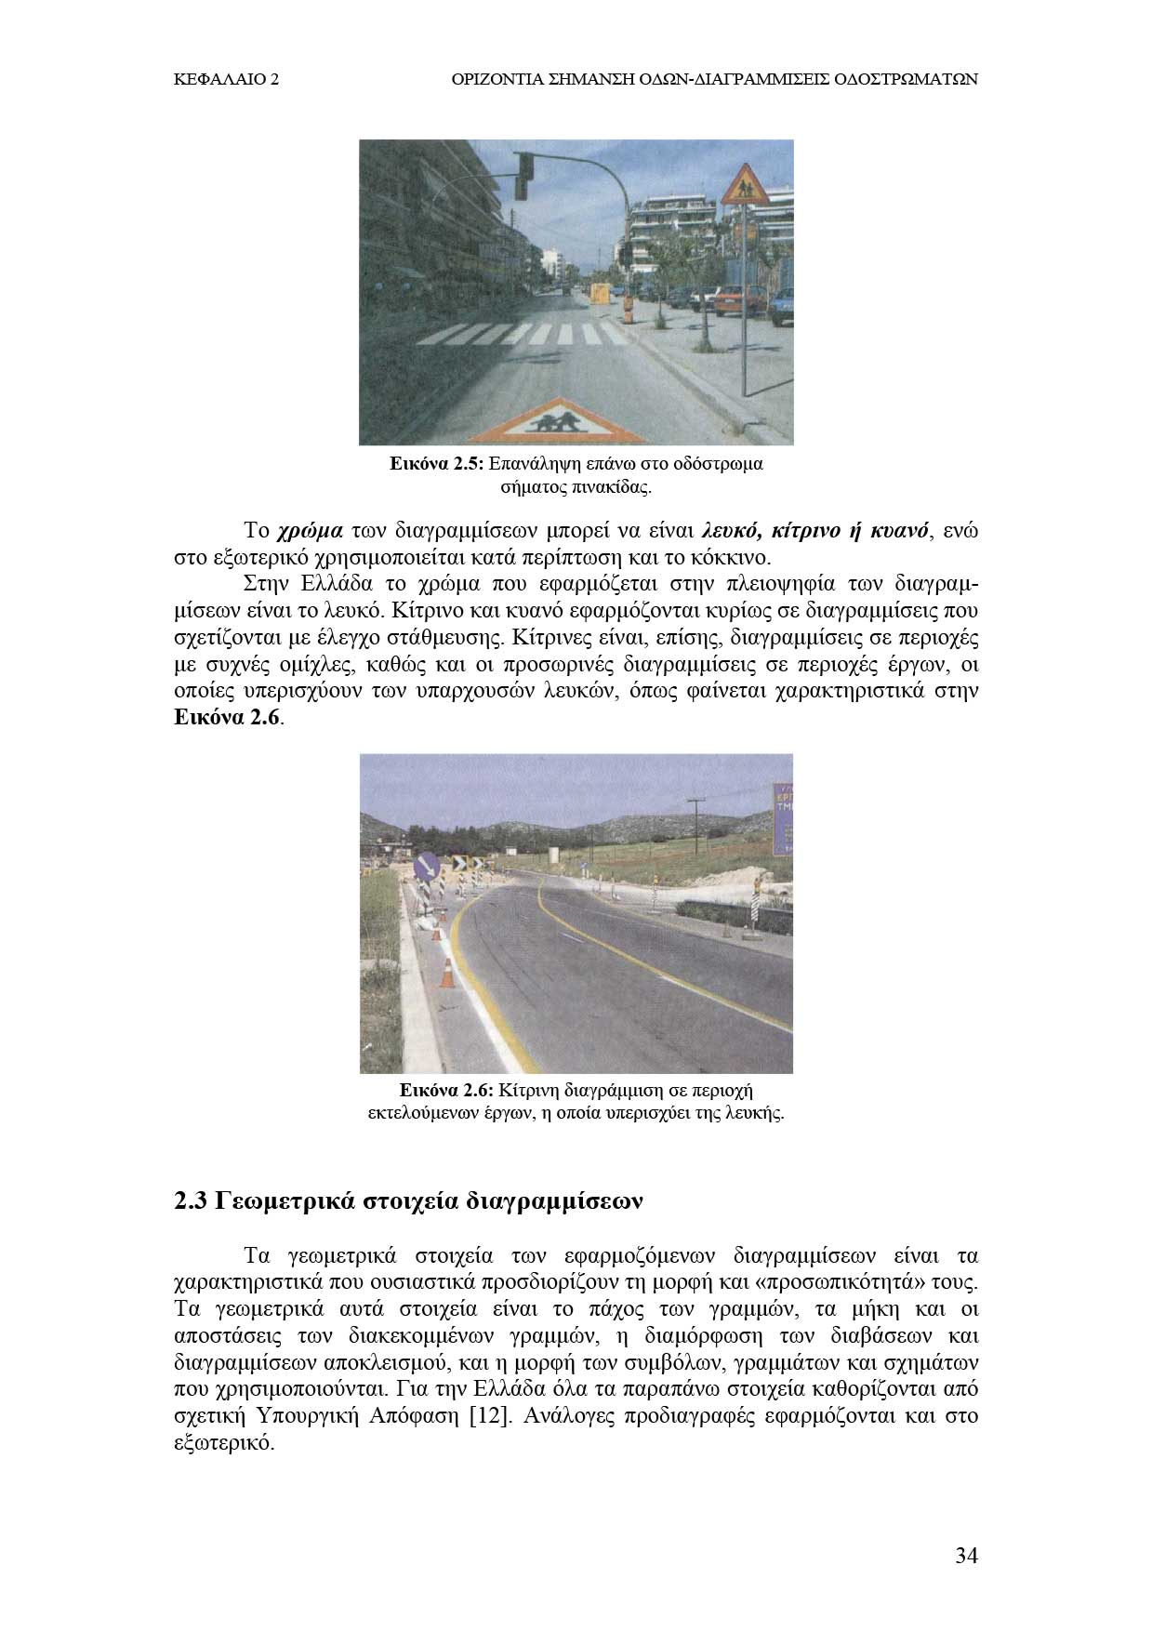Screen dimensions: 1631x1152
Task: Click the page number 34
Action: tap(966, 1556)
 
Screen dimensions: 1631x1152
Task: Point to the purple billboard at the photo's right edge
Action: tap(782, 818)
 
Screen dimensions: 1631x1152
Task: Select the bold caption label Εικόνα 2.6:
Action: tap(445, 1089)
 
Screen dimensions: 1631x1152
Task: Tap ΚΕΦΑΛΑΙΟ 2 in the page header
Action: tap(227, 80)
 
